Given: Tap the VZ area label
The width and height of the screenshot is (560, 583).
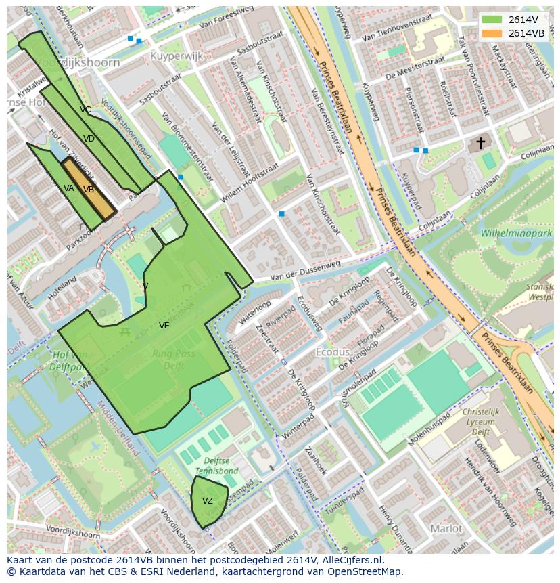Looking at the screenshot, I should click(x=208, y=501).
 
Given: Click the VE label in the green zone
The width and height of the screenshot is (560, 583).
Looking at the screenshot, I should click(x=164, y=326).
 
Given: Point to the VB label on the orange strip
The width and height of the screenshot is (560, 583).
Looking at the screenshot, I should click(x=89, y=190).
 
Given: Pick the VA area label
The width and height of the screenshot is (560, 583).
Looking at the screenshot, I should click(x=69, y=188).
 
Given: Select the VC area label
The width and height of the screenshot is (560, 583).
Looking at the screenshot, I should click(x=85, y=109).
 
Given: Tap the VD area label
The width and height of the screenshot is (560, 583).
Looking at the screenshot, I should click(x=89, y=139).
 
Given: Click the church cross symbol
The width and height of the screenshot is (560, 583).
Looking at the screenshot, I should click(x=480, y=143).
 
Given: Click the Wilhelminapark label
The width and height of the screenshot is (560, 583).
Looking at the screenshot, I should click(x=516, y=233).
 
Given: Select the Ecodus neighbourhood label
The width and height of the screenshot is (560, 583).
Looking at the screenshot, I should click(x=333, y=352).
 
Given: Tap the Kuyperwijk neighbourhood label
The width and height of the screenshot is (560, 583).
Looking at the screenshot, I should click(x=177, y=56).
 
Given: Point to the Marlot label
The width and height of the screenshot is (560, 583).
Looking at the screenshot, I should click(x=446, y=528).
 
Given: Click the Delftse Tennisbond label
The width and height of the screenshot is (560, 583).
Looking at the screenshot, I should click(x=216, y=465).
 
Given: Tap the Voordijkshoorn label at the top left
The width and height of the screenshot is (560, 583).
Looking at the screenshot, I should click(x=78, y=62).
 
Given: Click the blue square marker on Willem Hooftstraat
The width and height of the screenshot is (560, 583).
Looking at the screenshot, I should click(x=281, y=214).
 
